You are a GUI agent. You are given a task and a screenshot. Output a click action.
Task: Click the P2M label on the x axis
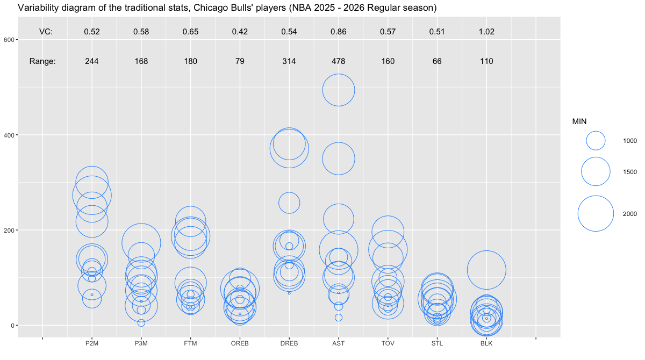click(x=92, y=343)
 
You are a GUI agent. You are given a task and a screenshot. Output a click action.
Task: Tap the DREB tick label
click(x=289, y=343)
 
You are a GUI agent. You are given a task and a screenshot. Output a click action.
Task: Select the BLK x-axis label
click(x=486, y=343)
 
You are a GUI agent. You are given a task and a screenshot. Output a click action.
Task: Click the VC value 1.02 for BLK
click(x=486, y=32)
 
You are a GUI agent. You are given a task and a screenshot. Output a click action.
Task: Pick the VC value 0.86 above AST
click(x=339, y=32)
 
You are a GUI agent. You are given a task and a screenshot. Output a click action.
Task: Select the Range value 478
click(x=339, y=61)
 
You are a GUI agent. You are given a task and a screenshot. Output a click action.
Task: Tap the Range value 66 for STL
click(x=437, y=61)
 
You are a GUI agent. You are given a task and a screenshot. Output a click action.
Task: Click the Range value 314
click(x=289, y=61)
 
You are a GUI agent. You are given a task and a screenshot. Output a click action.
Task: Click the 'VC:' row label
click(x=46, y=32)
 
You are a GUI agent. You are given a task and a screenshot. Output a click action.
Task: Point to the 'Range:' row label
click(x=42, y=61)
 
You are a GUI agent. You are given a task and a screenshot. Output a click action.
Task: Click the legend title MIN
click(x=579, y=122)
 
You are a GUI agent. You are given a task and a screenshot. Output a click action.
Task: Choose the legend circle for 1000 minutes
click(x=596, y=140)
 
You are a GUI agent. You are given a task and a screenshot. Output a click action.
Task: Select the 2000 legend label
click(x=630, y=214)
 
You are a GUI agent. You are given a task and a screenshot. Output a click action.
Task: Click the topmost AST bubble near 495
click(x=339, y=90)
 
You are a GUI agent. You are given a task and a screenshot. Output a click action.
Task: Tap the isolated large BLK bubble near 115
click(x=486, y=270)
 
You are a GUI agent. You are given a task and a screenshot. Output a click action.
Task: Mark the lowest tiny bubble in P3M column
click(x=141, y=323)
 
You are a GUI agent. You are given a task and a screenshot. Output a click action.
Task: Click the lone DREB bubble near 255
click(x=289, y=203)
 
